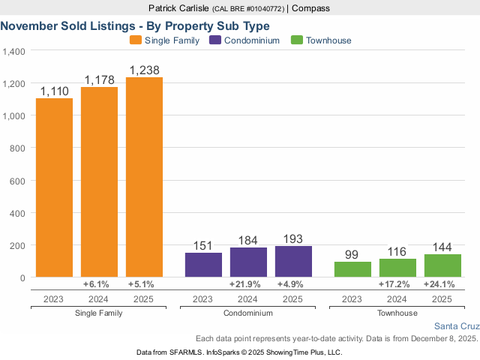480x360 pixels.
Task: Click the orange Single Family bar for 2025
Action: pyautogui.click(x=144, y=177)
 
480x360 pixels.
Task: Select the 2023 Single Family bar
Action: pyautogui.click(x=55, y=187)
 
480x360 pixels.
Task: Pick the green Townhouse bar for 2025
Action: pyautogui.click(x=442, y=265)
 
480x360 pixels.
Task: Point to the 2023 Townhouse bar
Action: pyautogui.click(x=352, y=269)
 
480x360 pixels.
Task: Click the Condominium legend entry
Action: pyautogui.click(x=245, y=40)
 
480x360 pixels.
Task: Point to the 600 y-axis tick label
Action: pyautogui.click(x=18, y=181)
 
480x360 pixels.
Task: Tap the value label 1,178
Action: pyautogui.click(x=99, y=79)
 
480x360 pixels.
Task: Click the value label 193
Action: pyautogui.click(x=293, y=238)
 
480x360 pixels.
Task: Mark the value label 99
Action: pyautogui.click(x=352, y=255)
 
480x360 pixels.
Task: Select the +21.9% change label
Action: pyautogui.click(x=248, y=285)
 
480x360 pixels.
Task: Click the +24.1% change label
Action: pyautogui.click(x=442, y=285)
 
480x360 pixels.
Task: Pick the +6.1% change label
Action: pyautogui.click(x=99, y=285)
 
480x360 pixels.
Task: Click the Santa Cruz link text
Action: pyautogui.click(x=456, y=326)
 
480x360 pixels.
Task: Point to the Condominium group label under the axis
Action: pyautogui.click(x=248, y=312)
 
